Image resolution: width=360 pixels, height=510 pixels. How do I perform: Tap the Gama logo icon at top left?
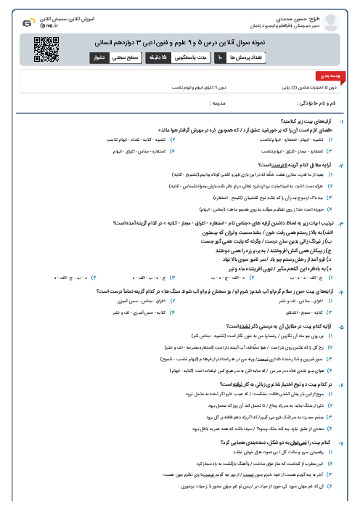click(x=28, y=23)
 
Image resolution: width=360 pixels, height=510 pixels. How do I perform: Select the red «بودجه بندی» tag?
click(x=337, y=75)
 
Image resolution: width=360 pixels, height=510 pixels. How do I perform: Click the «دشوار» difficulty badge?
click(x=102, y=57)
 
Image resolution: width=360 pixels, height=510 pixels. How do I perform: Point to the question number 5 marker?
click(x=351, y=307)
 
